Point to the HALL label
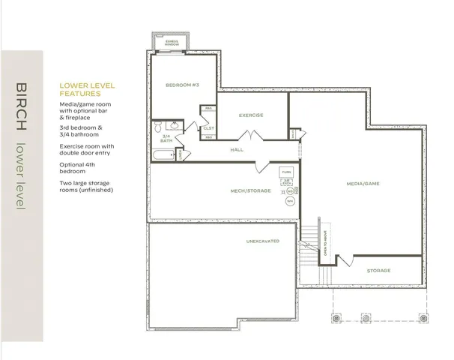pyautogui.click(x=237, y=150)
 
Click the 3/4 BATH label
pyautogui.click(x=165, y=138)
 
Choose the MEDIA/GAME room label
pyautogui.click(x=363, y=183)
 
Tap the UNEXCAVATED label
pyautogui.click(x=263, y=241)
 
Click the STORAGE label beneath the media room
pyautogui.click(x=378, y=270)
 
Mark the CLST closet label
pyautogui.click(x=208, y=128)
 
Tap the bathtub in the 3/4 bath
pyautogui.click(x=163, y=155)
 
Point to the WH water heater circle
pyautogui.click(x=290, y=200)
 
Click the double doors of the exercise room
pyautogui.click(x=249, y=135)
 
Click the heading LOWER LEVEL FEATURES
pyautogui.click(x=88, y=91)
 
